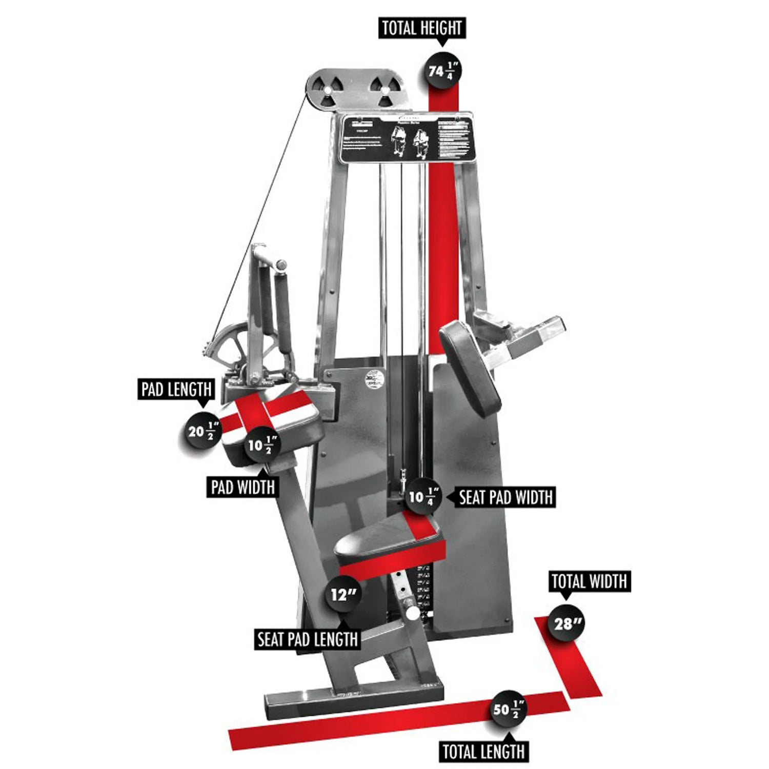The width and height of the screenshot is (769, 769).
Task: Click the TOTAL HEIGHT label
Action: pyautogui.click(x=421, y=28)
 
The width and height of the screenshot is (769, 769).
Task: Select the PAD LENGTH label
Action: pyautogui.click(x=176, y=389)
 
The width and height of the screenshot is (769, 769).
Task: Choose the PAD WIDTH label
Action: pyautogui.click(x=242, y=487)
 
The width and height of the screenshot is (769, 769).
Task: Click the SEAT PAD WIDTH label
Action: pyautogui.click(x=505, y=497)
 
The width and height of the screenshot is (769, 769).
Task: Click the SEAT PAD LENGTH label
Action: pyautogui.click(x=307, y=639)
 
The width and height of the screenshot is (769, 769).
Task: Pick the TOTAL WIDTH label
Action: pyautogui.click(x=589, y=581)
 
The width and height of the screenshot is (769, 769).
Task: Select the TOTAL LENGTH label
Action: pyautogui.click(x=483, y=752)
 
